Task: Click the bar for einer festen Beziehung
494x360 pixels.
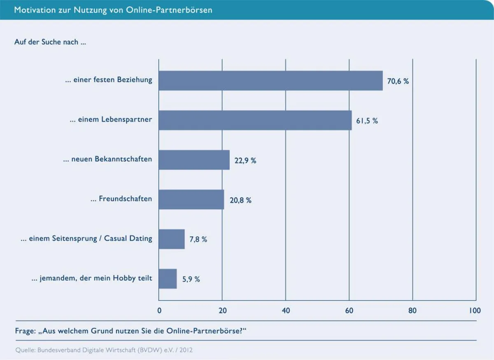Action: [270, 81]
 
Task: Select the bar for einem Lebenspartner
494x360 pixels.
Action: [255, 120]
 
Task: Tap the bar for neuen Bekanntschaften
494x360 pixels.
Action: [194, 160]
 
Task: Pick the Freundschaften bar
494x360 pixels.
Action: [191, 199]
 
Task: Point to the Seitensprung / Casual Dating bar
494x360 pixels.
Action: [171, 239]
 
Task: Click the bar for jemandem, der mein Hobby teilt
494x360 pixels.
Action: [168, 279]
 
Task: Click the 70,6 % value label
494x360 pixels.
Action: [398, 82]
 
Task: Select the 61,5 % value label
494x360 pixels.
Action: [367, 121]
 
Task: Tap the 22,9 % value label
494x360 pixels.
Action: [245, 161]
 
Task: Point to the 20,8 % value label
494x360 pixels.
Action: [240, 201]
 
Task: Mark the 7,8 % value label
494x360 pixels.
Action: [198, 240]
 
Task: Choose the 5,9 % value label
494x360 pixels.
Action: [191, 279]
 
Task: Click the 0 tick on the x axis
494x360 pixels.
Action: [159, 311]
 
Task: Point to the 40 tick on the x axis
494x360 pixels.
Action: [286, 311]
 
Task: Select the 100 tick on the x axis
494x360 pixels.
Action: [475, 311]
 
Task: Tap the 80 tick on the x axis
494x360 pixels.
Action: [412, 311]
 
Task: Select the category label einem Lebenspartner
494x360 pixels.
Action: [115, 120]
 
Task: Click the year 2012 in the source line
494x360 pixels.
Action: [185, 351]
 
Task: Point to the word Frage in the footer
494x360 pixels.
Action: [25, 331]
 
